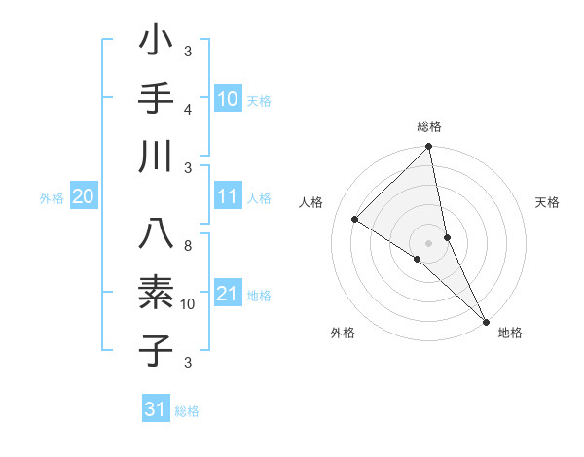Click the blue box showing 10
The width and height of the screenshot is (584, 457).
point(227,99)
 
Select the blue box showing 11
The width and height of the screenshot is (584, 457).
point(227,197)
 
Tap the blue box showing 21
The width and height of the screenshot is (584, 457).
point(227,295)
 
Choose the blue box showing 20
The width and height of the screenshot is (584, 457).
point(83,197)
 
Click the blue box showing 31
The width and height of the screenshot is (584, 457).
point(155,409)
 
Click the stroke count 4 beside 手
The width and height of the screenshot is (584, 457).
point(188,109)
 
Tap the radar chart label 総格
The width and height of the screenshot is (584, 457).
point(429,126)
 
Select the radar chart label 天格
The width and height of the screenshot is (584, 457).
point(548,202)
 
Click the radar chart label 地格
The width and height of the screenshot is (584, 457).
point(510,333)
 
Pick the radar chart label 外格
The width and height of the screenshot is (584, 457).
point(343,333)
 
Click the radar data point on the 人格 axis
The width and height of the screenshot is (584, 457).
point(355,220)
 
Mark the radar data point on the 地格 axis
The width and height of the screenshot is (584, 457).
point(485,320)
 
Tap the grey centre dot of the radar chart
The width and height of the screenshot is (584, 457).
point(428,242)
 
